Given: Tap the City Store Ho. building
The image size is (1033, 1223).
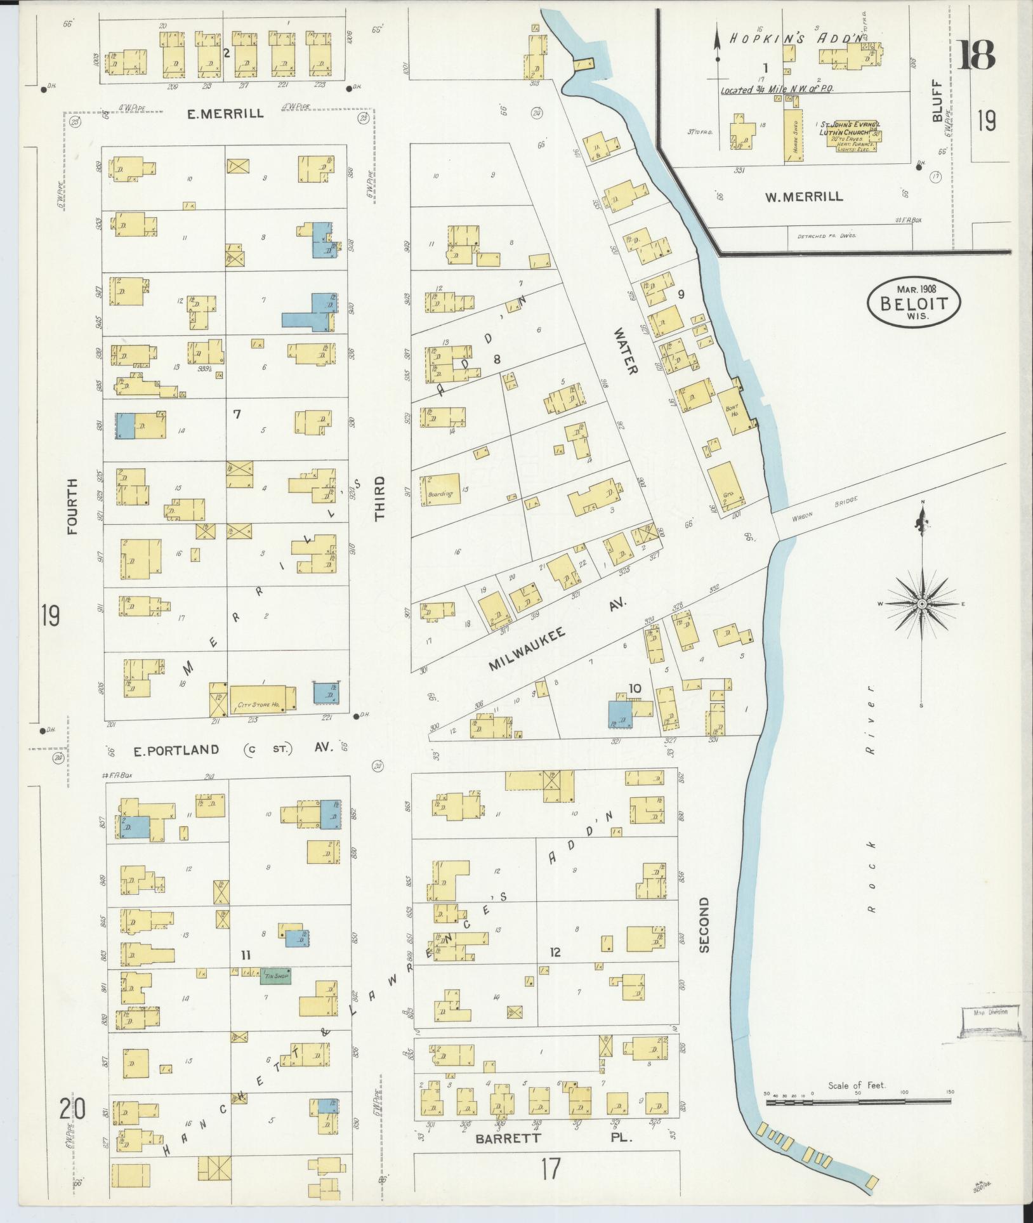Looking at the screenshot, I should coord(262,698).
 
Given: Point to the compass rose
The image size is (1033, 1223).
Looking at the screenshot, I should coord(921,604).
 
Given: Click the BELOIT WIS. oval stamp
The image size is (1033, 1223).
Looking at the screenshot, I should coord(914,303).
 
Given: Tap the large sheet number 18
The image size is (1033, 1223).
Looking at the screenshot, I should coord(977,55).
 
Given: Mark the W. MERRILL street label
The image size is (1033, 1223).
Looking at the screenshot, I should coord(804,197).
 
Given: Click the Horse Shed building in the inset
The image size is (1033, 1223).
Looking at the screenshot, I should coord(791,136).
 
